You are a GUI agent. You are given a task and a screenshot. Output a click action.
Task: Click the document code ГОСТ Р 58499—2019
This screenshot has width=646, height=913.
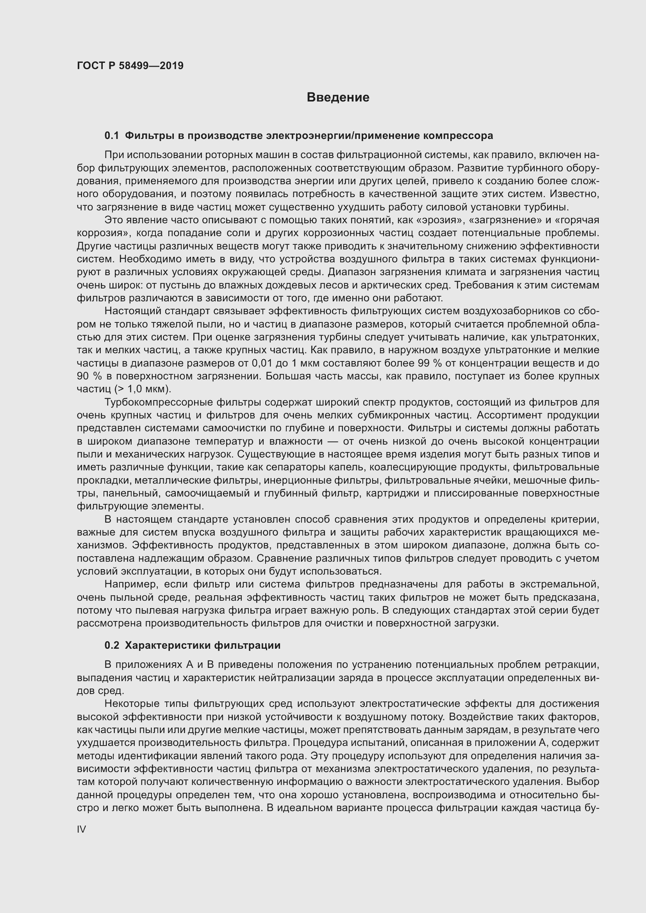pos(130,66)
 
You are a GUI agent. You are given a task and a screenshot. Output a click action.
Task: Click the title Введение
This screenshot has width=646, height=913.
pos(338,98)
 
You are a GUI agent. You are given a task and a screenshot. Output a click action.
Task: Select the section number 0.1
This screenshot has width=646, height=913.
pos(111,135)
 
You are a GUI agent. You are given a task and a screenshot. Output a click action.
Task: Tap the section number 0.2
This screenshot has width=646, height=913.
pos(111,645)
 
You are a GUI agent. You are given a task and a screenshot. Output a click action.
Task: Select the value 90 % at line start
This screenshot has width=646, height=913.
pos(87,376)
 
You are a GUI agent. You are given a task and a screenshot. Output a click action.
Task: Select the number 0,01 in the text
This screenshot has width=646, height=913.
pos(262,363)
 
